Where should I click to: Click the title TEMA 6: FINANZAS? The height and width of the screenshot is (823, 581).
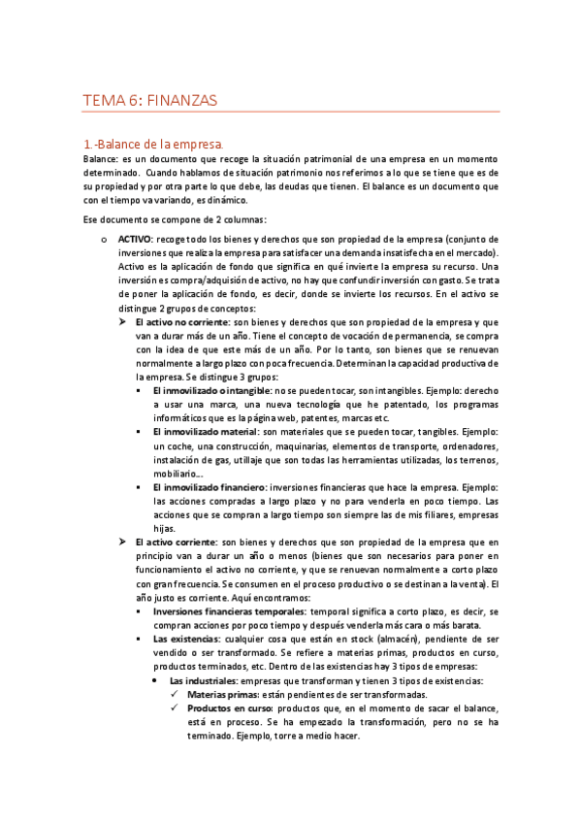(x=149, y=100)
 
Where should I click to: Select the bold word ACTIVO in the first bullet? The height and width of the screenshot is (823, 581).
(x=134, y=238)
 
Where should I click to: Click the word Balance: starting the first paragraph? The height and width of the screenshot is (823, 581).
(x=100, y=158)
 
